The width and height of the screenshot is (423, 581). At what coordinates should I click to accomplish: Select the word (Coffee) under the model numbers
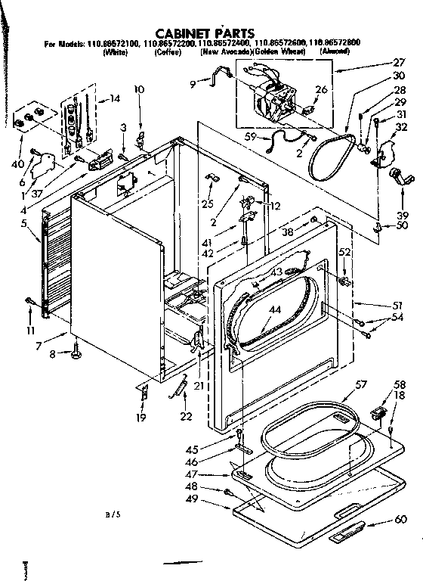[167, 53]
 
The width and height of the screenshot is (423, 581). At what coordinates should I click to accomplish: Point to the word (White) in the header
[116, 53]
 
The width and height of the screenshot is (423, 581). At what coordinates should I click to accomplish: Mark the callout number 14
[114, 98]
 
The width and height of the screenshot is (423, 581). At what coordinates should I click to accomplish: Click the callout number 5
[24, 223]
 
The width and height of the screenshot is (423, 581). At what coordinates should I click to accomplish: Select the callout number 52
[345, 252]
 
